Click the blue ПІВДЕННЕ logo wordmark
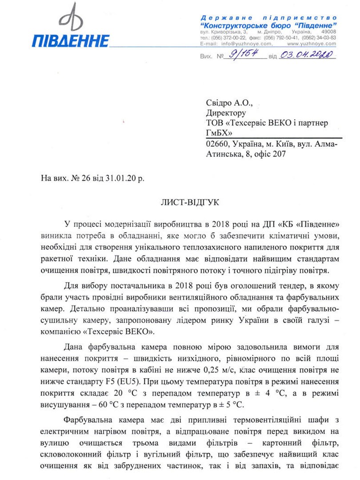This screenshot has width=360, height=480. tap(71, 40)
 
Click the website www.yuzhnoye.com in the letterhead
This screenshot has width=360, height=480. tap(311, 44)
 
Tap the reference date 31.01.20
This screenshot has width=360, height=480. tap(120, 178)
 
